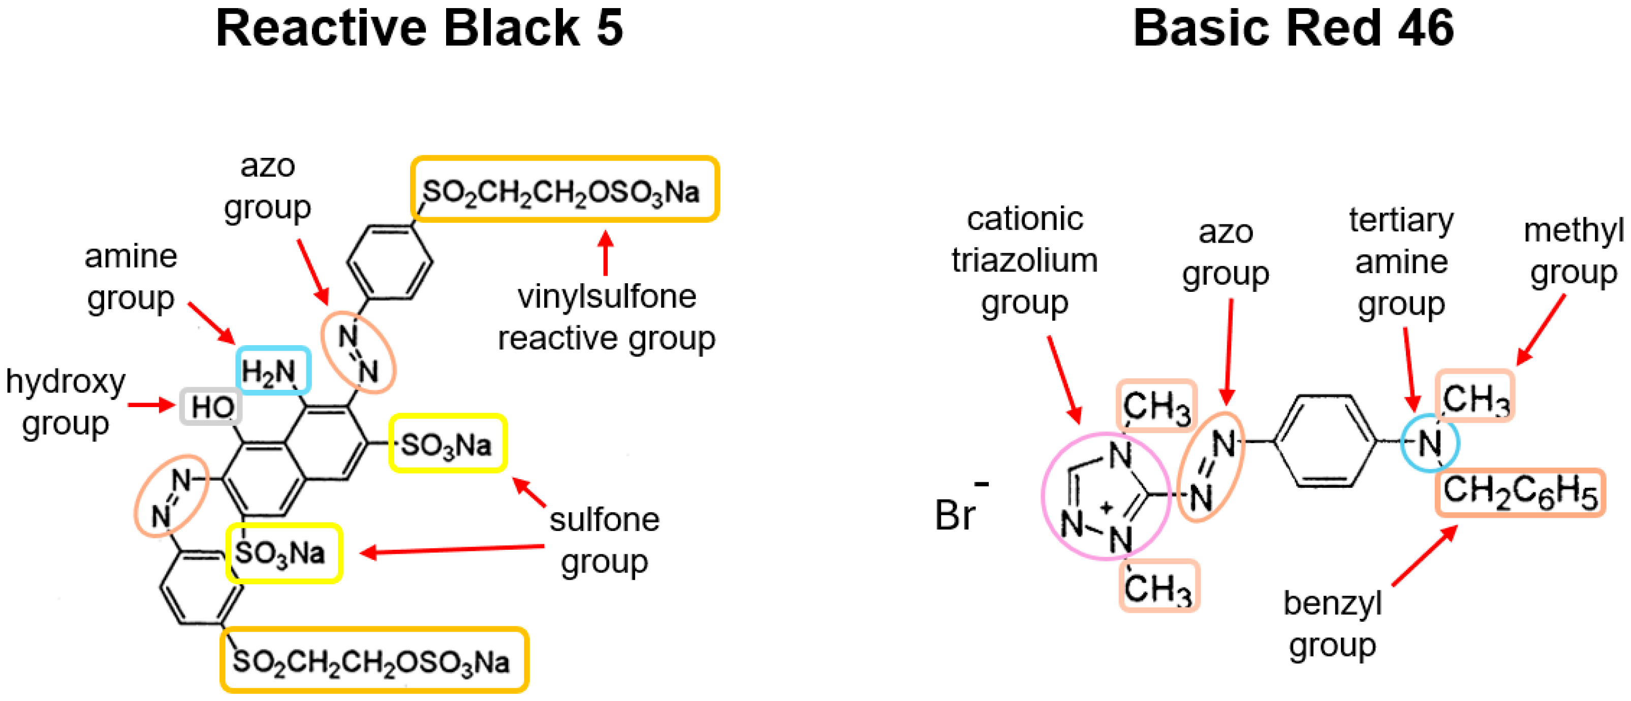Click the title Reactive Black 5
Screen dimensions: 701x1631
pyautogui.click(x=419, y=28)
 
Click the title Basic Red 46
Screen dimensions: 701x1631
pyautogui.click(x=1293, y=28)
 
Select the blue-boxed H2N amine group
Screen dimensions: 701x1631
pyautogui.click(x=273, y=372)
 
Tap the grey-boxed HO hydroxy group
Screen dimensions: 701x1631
pyautogui.click(x=211, y=407)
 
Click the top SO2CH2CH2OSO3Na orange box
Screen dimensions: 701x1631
pyautogui.click(x=565, y=189)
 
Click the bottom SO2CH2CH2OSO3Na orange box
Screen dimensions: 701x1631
pyautogui.click(x=374, y=660)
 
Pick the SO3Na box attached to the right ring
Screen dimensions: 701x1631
pyautogui.click(x=448, y=444)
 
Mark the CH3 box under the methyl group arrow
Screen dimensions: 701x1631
pyautogui.click(x=1475, y=396)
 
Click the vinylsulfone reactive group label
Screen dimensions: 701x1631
pyautogui.click(x=607, y=317)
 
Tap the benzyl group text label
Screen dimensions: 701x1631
pyautogui.click(x=1332, y=624)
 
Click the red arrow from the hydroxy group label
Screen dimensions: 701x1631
pyautogui.click(x=151, y=404)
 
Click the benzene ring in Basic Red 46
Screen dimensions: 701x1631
pyautogui.click(x=1325, y=441)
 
